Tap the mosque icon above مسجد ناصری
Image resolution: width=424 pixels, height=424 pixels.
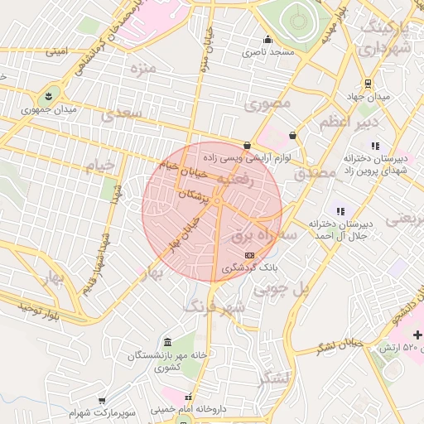click(x=267, y=39)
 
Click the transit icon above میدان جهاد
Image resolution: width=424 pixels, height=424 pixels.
click(x=369, y=84)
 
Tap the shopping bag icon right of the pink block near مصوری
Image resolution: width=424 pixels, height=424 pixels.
click(x=292, y=135)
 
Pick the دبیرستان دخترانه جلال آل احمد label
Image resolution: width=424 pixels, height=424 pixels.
click(x=344, y=229)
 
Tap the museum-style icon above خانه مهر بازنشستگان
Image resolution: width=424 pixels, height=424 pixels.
click(x=168, y=343)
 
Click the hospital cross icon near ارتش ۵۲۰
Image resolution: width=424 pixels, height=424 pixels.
click(x=418, y=335)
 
